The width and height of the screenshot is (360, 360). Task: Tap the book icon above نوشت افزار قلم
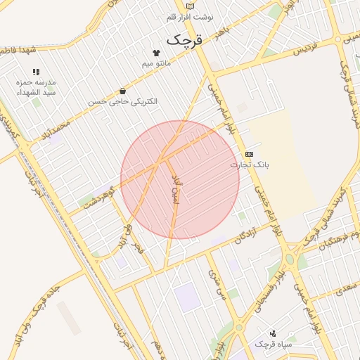[191, 6]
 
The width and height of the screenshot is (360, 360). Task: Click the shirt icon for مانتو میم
[156, 53]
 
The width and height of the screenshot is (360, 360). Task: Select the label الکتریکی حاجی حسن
[123, 102]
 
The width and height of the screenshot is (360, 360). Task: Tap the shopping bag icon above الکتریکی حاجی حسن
[123, 91]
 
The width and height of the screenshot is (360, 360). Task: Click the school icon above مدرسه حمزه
[36, 72]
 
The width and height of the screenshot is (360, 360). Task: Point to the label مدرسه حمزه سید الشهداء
[36, 87]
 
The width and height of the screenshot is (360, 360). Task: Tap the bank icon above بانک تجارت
[250, 154]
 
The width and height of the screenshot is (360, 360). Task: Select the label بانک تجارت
[250, 165]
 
